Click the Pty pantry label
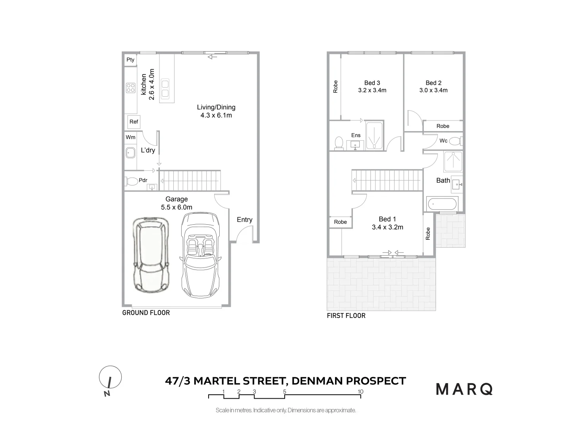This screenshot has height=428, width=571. click(130, 60)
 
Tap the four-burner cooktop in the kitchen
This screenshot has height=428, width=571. click(130, 88)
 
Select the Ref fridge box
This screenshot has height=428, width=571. click(134, 122)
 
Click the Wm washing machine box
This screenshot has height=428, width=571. click(130, 137)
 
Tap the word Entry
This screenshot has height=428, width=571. click(245, 220)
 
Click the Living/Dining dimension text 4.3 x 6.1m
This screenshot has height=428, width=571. click(216, 115)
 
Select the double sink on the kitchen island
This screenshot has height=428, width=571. click(165, 89)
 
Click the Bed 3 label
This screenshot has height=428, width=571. click(372, 83)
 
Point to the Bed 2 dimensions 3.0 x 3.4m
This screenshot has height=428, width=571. click(433, 90)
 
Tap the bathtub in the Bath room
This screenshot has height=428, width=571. click(442, 204)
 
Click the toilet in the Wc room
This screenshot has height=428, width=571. click(456, 141)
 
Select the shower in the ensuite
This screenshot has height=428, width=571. click(374, 136)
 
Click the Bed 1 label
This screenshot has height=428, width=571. click(387, 219)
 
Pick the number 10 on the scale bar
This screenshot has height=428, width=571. click(360, 392)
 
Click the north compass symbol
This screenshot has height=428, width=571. click(110, 377)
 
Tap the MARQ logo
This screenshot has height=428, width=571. click(464, 389)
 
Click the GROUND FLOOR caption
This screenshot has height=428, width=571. click(146, 313)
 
